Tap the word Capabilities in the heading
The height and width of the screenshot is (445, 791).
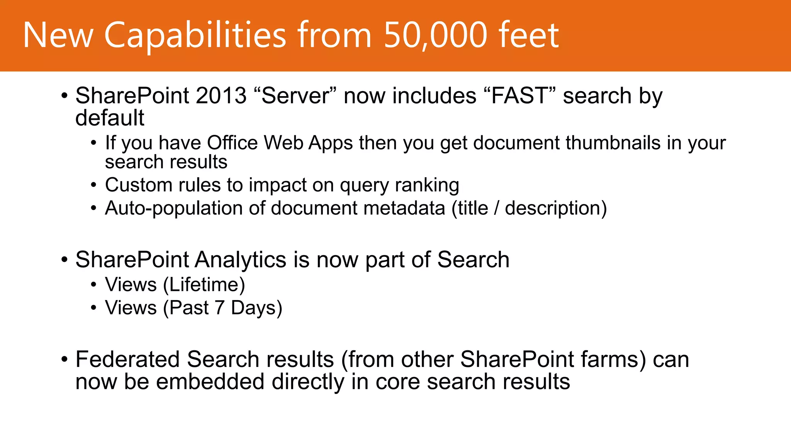[x=195, y=36]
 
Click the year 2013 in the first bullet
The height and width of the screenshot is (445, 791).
[x=221, y=96]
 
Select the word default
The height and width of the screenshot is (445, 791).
[x=110, y=118]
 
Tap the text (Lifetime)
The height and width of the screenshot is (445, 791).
[x=204, y=285]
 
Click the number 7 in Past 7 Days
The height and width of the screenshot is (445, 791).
[x=219, y=308]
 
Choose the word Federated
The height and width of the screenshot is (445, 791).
[x=127, y=359]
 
